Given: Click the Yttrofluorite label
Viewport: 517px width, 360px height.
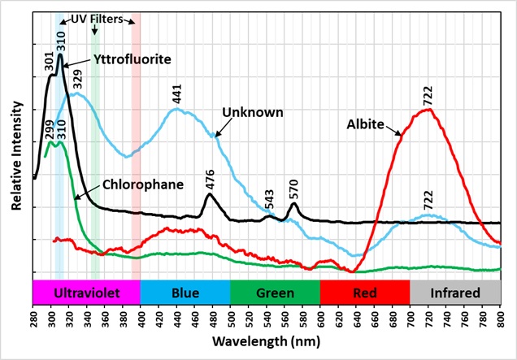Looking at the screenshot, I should point(128,59).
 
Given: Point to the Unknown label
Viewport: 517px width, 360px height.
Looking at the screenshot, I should point(253,111).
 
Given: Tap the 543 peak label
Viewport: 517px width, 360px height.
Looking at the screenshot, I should point(270,205).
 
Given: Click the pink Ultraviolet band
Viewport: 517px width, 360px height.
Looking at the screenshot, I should point(86,292).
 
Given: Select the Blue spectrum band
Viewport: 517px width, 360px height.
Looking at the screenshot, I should point(185,292).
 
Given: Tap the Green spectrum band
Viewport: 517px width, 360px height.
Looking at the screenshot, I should point(276,292).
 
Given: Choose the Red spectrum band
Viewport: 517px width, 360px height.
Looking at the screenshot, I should point(365,292).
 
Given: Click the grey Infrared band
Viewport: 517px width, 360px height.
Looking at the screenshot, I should point(454,292).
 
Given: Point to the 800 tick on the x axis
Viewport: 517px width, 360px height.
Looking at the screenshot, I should point(499,318).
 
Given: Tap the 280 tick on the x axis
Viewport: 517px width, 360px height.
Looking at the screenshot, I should point(33,318).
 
